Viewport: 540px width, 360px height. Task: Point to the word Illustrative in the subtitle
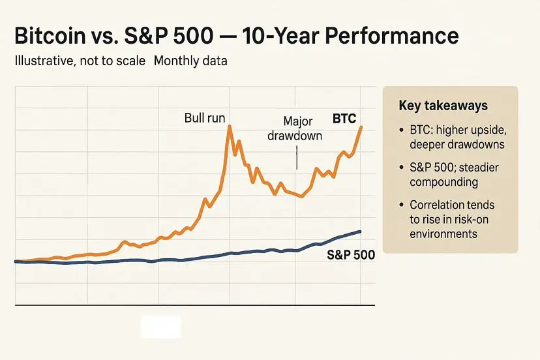click(44, 63)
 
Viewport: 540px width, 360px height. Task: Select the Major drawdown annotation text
click(298, 128)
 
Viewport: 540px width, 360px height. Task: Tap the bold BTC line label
click(344, 119)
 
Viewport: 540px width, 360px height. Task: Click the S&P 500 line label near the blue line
click(350, 255)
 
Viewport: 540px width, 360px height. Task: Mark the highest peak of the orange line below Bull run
click(230, 126)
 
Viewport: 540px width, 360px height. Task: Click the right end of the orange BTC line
click(361, 127)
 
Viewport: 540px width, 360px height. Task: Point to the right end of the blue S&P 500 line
click(361, 232)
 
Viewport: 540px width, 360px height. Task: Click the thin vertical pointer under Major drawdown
click(297, 157)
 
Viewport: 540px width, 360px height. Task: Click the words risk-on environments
click(443, 226)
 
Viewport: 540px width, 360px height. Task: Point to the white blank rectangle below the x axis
click(161, 327)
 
